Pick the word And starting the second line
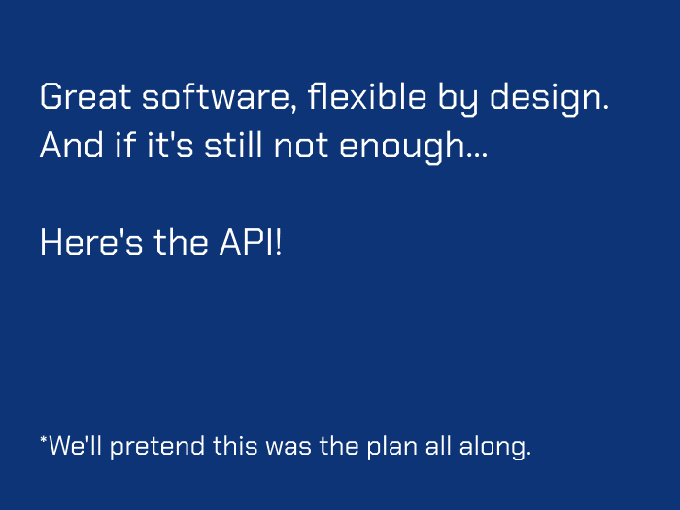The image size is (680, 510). tap(70, 147)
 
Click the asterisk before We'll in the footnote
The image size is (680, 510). tap(43, 441)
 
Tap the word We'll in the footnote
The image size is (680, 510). tap(74, 447)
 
